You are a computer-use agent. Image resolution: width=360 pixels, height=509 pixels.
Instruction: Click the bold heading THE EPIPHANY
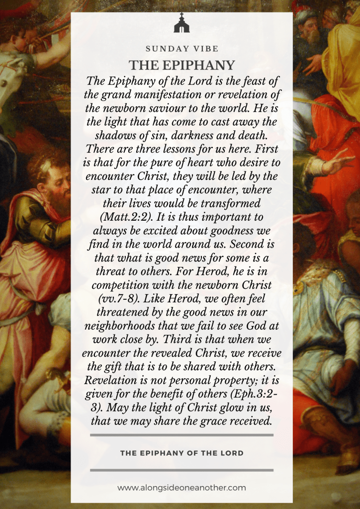click(x=181, y=65)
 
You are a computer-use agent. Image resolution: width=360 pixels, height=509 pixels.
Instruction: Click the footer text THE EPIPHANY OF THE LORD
click(x=181, y=453)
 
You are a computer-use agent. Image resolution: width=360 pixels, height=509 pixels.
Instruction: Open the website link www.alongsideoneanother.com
click(x=181, y=488)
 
